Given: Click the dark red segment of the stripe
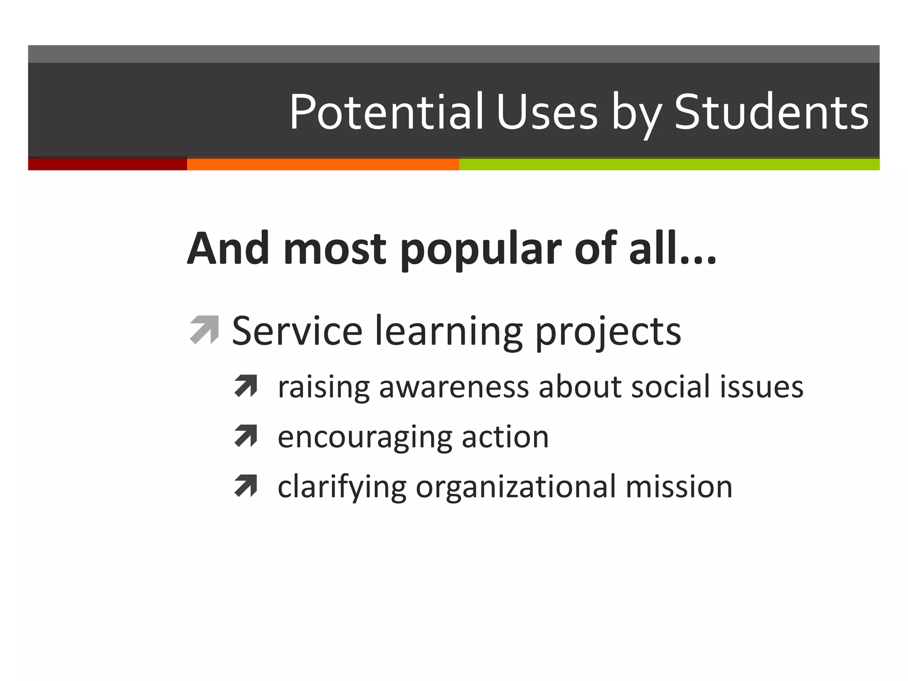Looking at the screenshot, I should (x=107, y=164).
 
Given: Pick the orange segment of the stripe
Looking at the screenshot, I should (x=323, y=164).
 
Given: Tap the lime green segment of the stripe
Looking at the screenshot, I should (x=669, y=164).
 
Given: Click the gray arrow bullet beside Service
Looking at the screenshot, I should (x=204, y=329).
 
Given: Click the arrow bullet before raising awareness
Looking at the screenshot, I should (x=246, y=386).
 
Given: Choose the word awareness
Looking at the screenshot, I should (x=454, y=387).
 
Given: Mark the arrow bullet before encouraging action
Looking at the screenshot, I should (x=246, y=436).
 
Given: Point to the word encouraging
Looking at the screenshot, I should (x=364, y=438).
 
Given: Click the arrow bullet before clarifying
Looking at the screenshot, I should (x=246, y=485).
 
